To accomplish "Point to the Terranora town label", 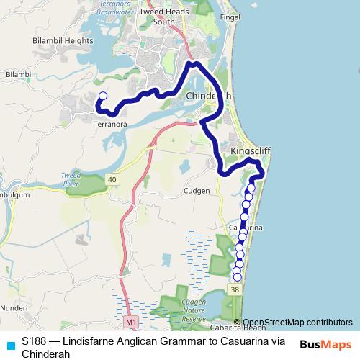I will [x=110, y=124].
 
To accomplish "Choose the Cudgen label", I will [x=196, y=191].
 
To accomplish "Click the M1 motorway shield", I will [x=130, y=320].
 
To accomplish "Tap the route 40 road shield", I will [x=112, y=178].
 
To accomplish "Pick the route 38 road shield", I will [x=235, y=289].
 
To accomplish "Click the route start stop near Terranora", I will [x=102, y=96].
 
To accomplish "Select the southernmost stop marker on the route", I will [x=238, y=277].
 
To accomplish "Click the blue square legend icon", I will [x=10, y=345].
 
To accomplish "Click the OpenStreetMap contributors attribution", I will [x=297, y=322].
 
